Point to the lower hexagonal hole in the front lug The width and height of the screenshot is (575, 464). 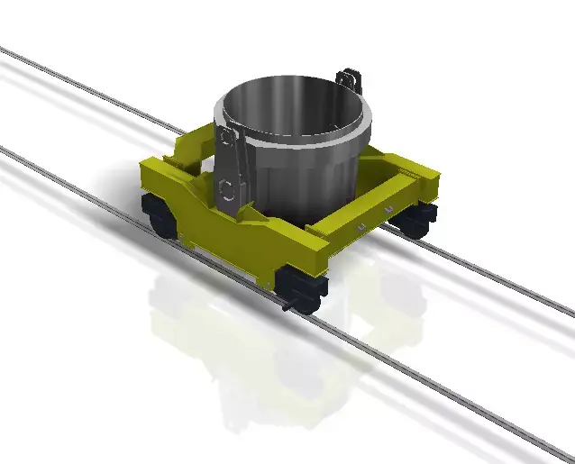coord(228,189)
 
